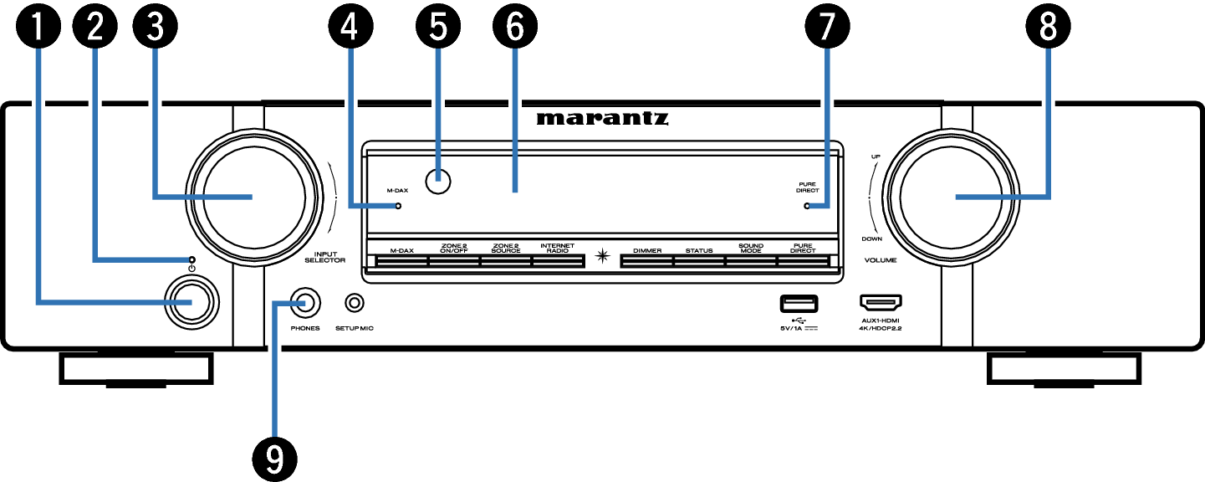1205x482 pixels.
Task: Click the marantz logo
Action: (x=602, y=118)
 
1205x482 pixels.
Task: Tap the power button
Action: (x=191, y=303)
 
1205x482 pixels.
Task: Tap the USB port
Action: (x=799, y=304)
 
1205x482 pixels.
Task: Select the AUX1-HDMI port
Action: (x=881, y=303)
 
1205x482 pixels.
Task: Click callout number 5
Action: (x=438, y=26)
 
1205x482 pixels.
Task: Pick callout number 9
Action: (x=274, y=459)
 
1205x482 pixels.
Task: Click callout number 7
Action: (x=827, y=26)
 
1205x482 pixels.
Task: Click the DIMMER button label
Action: (x=647, y=251)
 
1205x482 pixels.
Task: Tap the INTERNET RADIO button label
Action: (x=557, y=249)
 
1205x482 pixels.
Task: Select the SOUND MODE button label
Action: (x=750, y=249)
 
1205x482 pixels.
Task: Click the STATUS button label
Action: (x=699, y=251)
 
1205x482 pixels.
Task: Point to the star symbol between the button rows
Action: (x=602, y=256)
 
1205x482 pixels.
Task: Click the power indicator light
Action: (x=192, y=259)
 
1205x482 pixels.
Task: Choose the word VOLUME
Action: (x=880, y=260)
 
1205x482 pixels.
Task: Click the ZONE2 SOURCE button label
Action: (x=506, y=249)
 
